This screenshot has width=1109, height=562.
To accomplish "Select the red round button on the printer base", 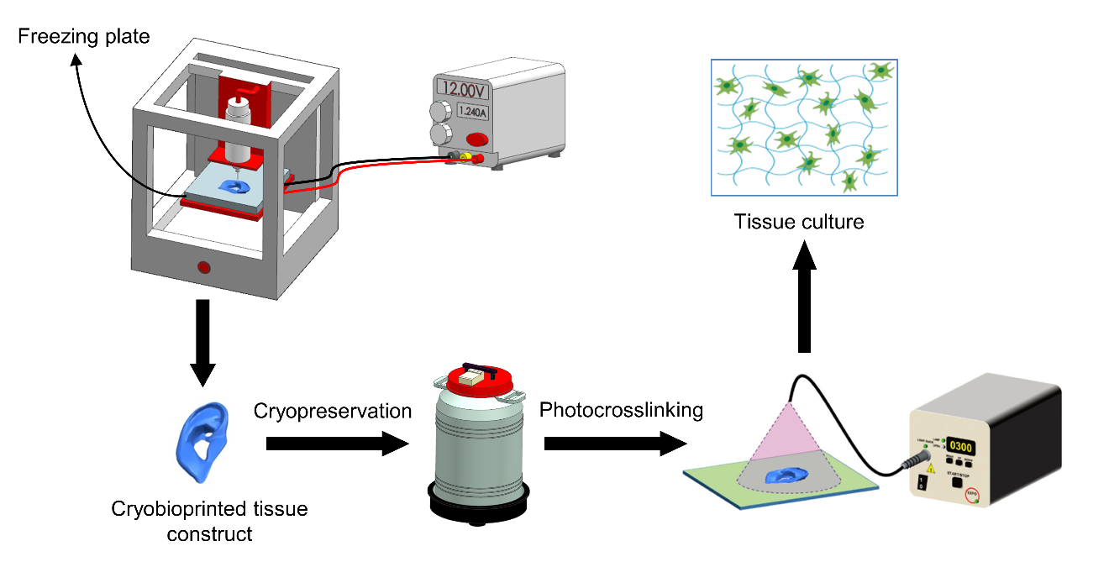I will pyautogui.click(x=203, y=268).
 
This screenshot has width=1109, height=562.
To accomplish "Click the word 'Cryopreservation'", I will pyautogui.click(x=333, y=411).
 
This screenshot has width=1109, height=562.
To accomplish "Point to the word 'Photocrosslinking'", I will pyautogui.click(x=621, y=411).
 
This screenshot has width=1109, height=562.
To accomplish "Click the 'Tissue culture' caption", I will pyautogui.click(x=799, y=223).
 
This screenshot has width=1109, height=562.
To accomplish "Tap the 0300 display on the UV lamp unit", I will pyautogui.click(x=960, y=447).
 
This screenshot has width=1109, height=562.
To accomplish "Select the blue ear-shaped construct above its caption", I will pyautogui.click(x=204, y=441).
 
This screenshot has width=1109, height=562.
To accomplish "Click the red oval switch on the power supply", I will pyautogui.click(x=477, y=139).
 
